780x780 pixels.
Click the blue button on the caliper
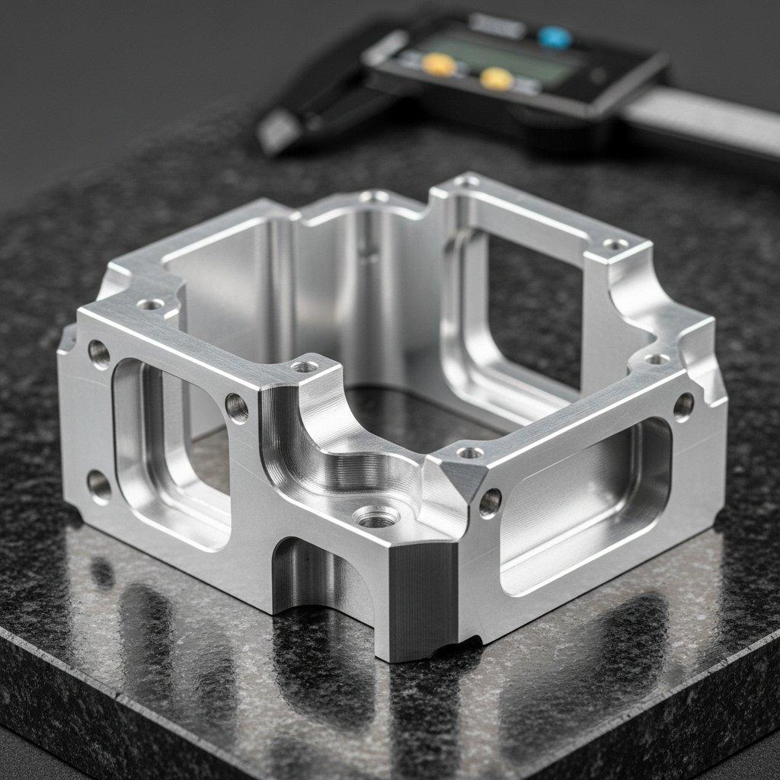click(x=554, y=36)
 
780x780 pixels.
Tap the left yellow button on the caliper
click(x=440, y=65)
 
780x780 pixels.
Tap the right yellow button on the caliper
click(x=496, y=78)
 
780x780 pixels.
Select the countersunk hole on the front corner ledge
click(x=378, y=519)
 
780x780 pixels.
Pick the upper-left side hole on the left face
click(x=99, y=353)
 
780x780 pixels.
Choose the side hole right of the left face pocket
click(x=237, y=408)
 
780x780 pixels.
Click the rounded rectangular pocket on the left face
click(x=171, y=453)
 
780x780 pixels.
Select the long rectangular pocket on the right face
click(x=587, y=503)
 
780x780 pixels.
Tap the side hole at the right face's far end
click(x=683, y=406)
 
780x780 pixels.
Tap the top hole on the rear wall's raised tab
click(x=374, y=197)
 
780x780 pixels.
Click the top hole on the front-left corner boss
click(x=305, y=367)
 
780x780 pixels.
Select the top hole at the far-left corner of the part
click(x=150, y=304)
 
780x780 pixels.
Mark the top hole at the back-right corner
click(x=614, y=245)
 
